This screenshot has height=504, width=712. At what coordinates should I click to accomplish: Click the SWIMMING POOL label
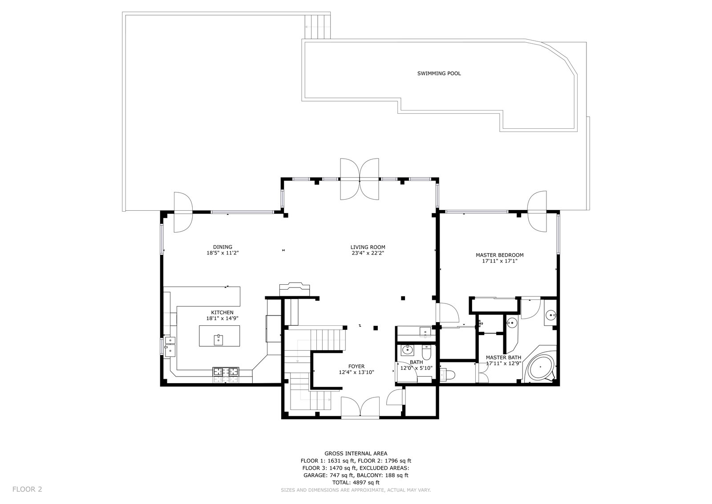point(439,74)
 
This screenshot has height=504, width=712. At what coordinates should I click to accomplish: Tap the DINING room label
point(222,247)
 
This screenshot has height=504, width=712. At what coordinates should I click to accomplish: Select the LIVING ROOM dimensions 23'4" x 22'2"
point(368,253)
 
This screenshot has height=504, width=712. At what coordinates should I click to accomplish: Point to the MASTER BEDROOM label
point(500,255)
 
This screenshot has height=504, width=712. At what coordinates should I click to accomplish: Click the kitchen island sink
point(219,339)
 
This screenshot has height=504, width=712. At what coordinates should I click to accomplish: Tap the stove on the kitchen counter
point(226,371)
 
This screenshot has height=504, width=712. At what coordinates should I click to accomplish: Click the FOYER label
point(356,366)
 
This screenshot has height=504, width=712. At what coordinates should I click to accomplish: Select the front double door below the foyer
point(360,406)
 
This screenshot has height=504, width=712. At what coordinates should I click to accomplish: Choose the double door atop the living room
point(360,179)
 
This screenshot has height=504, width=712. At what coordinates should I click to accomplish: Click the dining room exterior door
point(183,212)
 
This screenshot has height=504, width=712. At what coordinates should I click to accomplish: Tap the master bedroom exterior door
point(537,211)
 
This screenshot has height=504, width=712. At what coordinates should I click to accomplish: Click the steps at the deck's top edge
point(318,27)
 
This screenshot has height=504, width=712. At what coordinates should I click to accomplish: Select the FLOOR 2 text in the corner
point(27,489)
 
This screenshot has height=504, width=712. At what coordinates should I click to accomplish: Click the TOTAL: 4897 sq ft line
point(356,482)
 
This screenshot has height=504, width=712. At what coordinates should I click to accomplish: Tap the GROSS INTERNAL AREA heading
point(356,453)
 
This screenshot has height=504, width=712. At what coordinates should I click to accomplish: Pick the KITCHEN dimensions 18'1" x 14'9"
point(222,318)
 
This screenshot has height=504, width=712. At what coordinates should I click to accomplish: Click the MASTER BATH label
point(503,357)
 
